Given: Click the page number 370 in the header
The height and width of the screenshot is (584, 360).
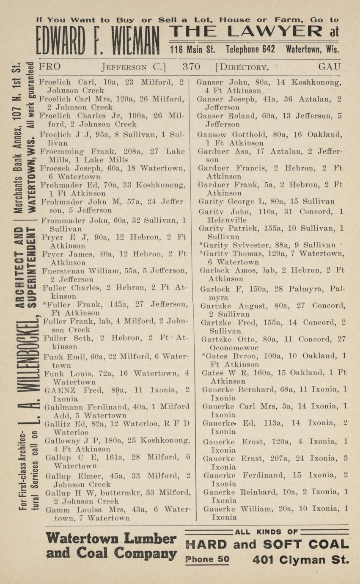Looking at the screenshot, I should click(191, 67).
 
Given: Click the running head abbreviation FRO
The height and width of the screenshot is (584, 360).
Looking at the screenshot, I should click(49, 67).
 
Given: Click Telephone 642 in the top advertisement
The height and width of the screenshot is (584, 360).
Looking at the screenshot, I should click(250, 49).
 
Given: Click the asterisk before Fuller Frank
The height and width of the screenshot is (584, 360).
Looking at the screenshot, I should click(45, 305).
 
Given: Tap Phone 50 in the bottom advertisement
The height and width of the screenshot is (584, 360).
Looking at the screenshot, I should click(207, 559).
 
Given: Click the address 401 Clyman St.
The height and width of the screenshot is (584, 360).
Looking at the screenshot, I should click(301, 560).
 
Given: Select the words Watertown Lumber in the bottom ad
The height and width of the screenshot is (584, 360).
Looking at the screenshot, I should click(111, 539).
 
